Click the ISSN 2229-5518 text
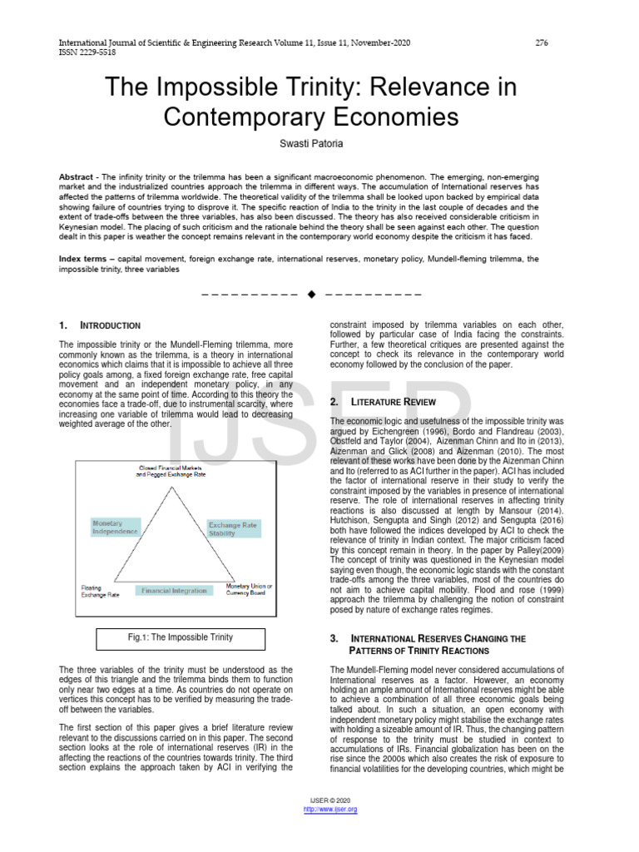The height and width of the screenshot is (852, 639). [x=87, y=52]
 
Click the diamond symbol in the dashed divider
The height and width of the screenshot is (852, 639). [x=311, y=295]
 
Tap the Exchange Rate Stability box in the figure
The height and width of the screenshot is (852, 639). [x=233, y=529]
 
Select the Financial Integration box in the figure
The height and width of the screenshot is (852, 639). [x=174, y=590]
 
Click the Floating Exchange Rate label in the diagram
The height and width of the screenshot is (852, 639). [x=99, y=591]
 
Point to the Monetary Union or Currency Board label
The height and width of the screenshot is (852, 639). [x=250, y=590]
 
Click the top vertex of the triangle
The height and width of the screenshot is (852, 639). [x=173, y=483]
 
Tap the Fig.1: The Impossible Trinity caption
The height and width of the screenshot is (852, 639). [x=180, y=638]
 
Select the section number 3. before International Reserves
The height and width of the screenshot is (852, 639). [x=334, y=638]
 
